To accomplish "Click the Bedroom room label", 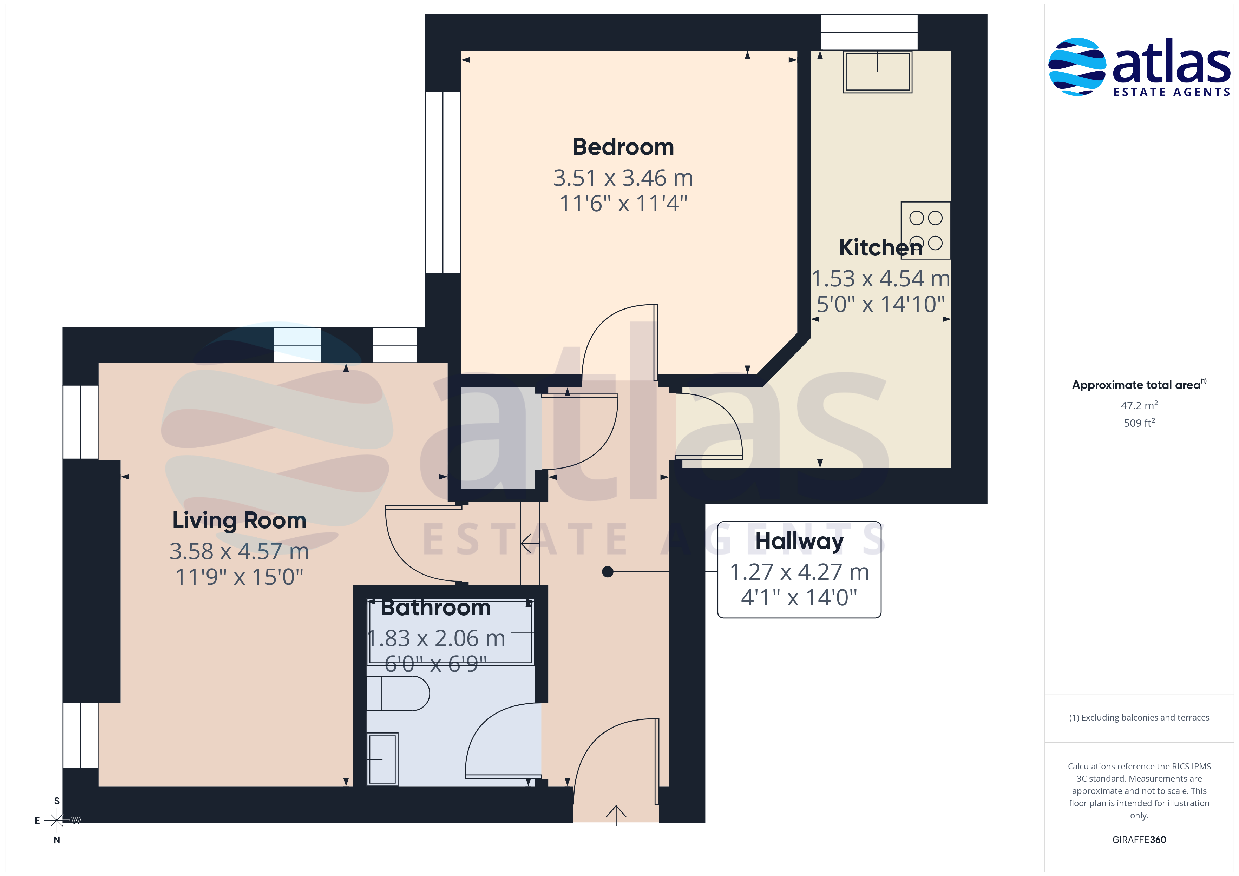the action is pyautogui.click(x=623, y=147).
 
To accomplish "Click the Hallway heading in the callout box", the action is pyautogui.click(x=799, y=541).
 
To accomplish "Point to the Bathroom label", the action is pyautogui.click(x=435, y=608).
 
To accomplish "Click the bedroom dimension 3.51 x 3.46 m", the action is pyautogui.click(x=623, y=178).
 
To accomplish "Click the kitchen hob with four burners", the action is pyautogui.click(x=925, y=230).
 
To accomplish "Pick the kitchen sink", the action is pyautogui.click(x=877, y=72).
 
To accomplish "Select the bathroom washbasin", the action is pyautogui.click(x=382, y=758).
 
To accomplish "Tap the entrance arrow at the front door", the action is pyautogui.click(x=616, y=815).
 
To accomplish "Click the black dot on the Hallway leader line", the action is pyautogui.click(x=608, y=572).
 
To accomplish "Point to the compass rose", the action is pyautogui.click(x=57, y=821).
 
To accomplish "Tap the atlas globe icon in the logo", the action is pyautogui.click(x=1076, y=67).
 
